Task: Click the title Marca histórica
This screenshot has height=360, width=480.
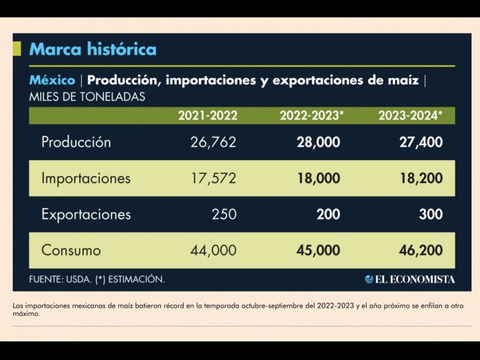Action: tap(92, 49)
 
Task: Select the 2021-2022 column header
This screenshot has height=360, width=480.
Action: tap(208, 116)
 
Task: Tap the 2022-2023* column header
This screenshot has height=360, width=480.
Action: tap(311, 116)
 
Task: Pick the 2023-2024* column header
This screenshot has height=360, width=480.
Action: tap(410, 116)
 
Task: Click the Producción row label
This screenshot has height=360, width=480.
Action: tap(76, 142)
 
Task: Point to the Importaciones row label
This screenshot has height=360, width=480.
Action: tap(86, 178)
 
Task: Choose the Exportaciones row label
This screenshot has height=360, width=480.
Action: tap(86, 214)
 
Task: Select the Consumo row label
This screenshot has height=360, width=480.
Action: tap(71, 250)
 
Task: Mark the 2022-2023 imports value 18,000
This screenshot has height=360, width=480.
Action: tap(318, 178)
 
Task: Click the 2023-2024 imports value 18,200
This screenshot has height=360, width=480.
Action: tap(421, 178)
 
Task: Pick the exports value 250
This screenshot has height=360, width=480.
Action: tap(224, 214)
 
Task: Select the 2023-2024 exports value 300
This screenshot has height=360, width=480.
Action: tap(431, 214)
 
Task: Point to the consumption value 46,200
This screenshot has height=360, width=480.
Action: tap(421, 250)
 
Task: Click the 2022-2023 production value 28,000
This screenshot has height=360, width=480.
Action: tap(318, 142)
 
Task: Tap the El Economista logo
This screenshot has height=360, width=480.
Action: tap(410, 279)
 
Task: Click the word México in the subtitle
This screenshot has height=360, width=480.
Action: tap(52, 80)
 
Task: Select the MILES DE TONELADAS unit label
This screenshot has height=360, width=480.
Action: tap(87, 97)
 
